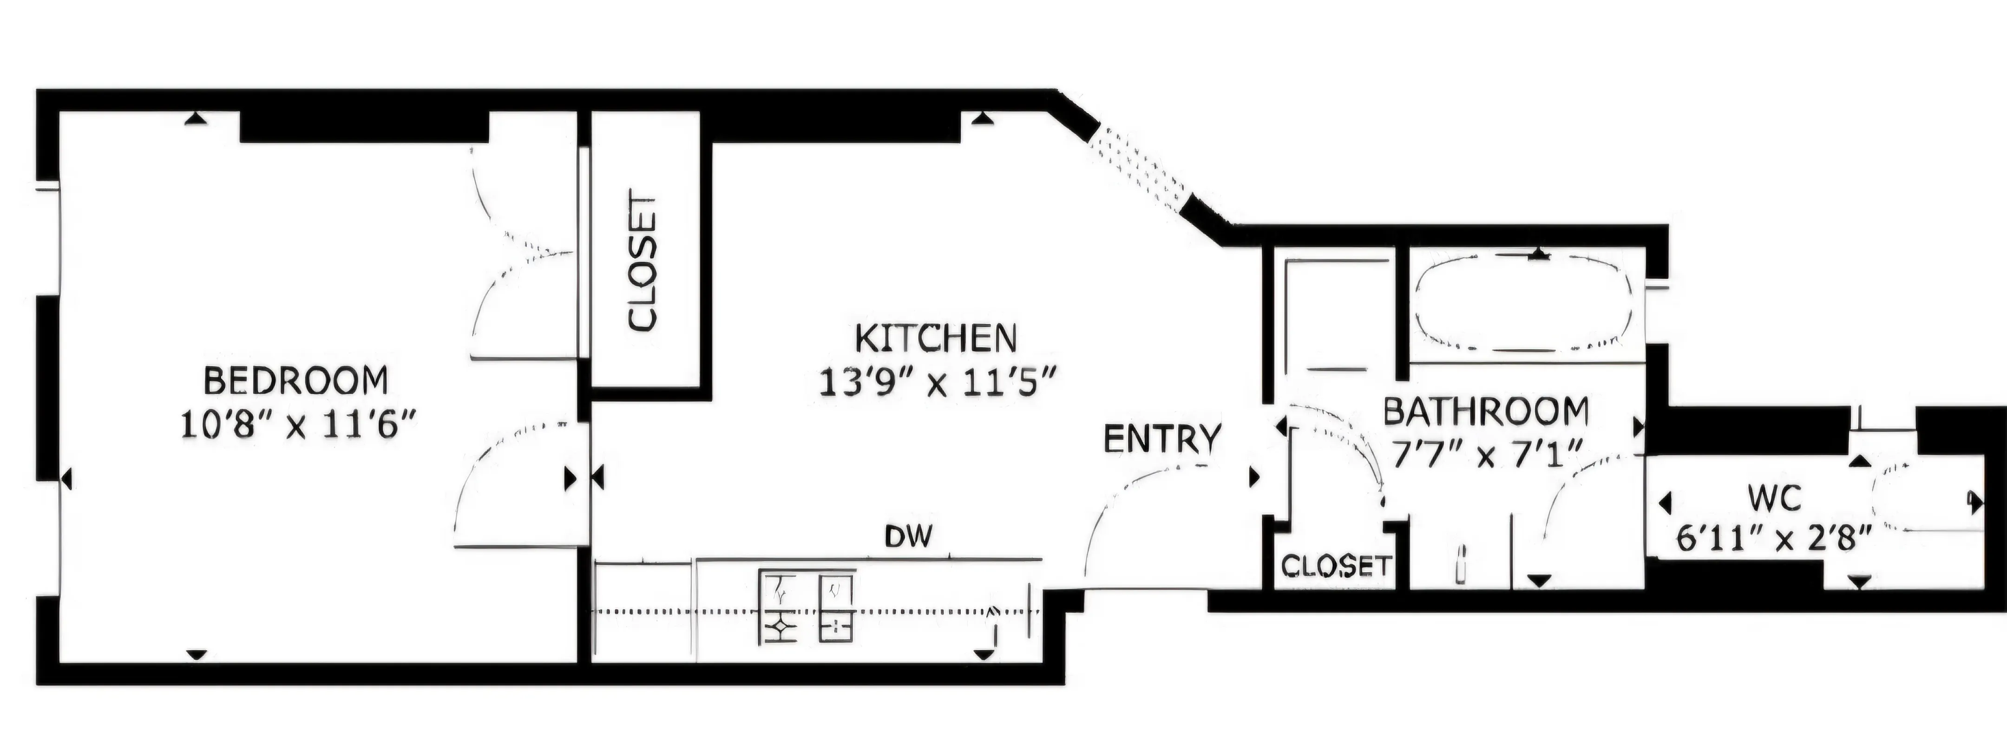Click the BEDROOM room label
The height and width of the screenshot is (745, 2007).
295,381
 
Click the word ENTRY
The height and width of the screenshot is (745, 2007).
1161,439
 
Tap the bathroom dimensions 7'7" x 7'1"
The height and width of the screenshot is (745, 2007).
1485,454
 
